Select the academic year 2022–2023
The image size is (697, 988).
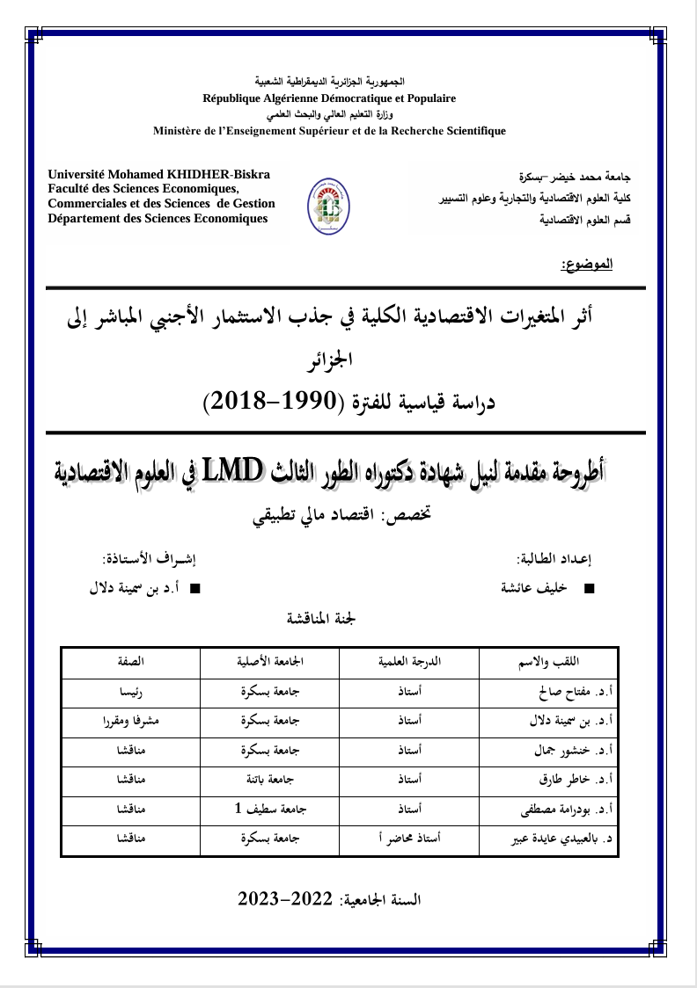pyautogui.click(x=288, y=899)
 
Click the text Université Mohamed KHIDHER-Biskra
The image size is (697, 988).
pyautogui.click(x=159, y=175)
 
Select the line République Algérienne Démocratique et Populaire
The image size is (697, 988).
pyautogui.click(x=329, y=98)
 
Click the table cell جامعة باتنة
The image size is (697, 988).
pyautogui.click(x=271, y=780)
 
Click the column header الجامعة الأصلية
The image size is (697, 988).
pyautogui.click(x=270, y=662)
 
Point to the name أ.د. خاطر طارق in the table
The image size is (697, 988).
pyautogui.click(x=576, y=780)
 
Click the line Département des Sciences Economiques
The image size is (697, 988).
pyautogui.click(x=158, y=218)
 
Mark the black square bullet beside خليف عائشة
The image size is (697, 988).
pyautogui.click(x=590, y=587)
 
